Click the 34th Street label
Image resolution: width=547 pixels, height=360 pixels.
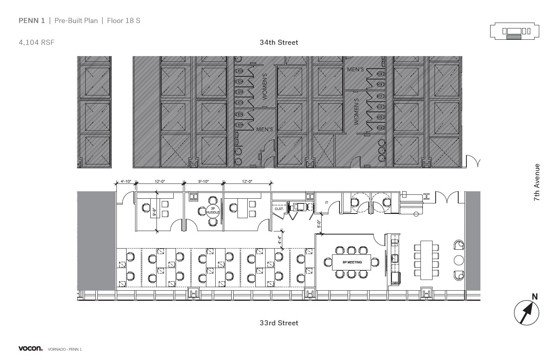279,42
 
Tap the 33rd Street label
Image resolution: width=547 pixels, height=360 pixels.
279,323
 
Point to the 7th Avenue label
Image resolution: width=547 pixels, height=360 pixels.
537,182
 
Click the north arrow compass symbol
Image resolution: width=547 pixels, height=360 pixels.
527,312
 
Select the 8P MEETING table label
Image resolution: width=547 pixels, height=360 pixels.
352,262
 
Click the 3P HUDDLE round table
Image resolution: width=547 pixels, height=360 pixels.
213,210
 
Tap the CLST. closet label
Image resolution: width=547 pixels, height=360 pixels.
279,209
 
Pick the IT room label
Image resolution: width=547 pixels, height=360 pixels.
327,203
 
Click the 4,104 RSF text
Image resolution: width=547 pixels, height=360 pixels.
37,42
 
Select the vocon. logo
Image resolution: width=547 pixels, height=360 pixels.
30,348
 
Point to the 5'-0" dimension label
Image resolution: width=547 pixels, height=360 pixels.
319,224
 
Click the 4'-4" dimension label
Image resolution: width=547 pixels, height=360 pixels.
280,240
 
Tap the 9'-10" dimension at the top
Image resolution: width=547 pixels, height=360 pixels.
204,181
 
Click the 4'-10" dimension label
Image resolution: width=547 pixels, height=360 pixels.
126,181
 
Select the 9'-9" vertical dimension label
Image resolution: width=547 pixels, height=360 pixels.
154,212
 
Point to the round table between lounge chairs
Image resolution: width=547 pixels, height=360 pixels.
459,260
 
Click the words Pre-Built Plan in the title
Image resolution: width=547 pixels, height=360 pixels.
76,21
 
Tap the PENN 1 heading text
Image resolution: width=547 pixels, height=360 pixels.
32,21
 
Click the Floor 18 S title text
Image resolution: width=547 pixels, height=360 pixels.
123,21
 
